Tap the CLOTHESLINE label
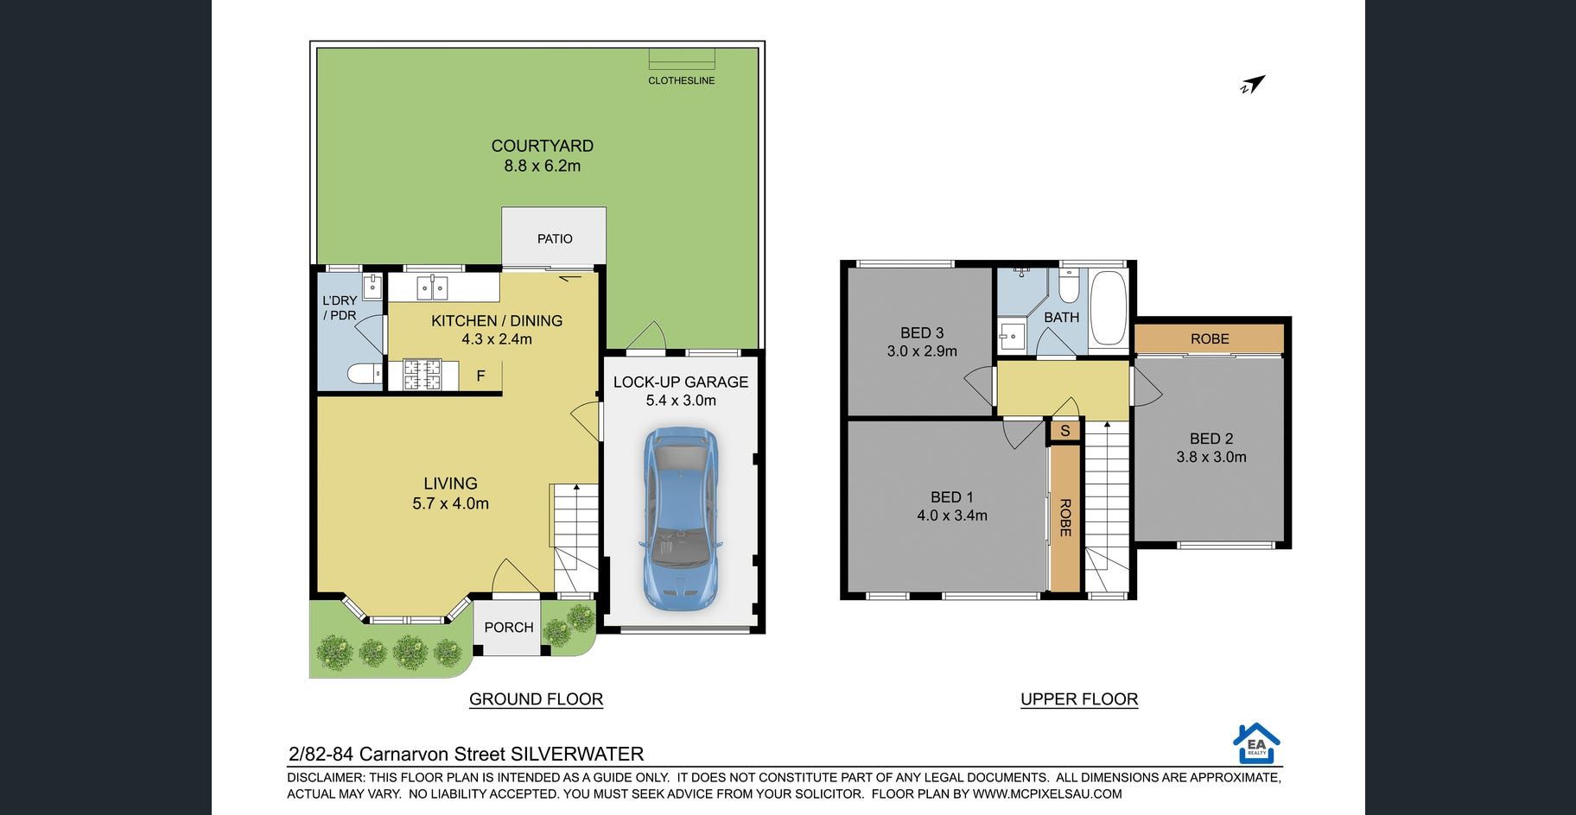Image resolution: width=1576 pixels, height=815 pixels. [x=682, y=80]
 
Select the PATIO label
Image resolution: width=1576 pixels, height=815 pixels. [x=555, y=239]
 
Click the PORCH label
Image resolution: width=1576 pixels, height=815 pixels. [x=509, y=628]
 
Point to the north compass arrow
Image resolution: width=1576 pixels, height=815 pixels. [x=1253, y=85]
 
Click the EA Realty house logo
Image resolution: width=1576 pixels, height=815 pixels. [x=1256, y=743]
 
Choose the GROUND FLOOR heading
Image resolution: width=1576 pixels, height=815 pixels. [x=536, y=699]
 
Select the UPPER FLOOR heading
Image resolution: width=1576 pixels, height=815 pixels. [x=1079, y=699]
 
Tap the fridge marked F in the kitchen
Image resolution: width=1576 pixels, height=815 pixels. [x=480, y=376]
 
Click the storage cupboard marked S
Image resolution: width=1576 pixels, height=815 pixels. [x=1065, y=431]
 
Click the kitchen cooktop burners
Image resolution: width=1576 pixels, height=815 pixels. [x=423, y=376]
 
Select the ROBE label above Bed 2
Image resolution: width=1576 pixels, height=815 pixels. [x=1210, y=339]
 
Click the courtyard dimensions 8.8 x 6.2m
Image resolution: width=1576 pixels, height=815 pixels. [x=543, y=166]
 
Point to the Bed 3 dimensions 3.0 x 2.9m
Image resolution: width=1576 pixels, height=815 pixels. [x=922, y=351]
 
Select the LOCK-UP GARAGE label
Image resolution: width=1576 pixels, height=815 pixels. [x=681, y=382]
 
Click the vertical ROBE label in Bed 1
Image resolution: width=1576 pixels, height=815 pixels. [x=1065, y=518]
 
